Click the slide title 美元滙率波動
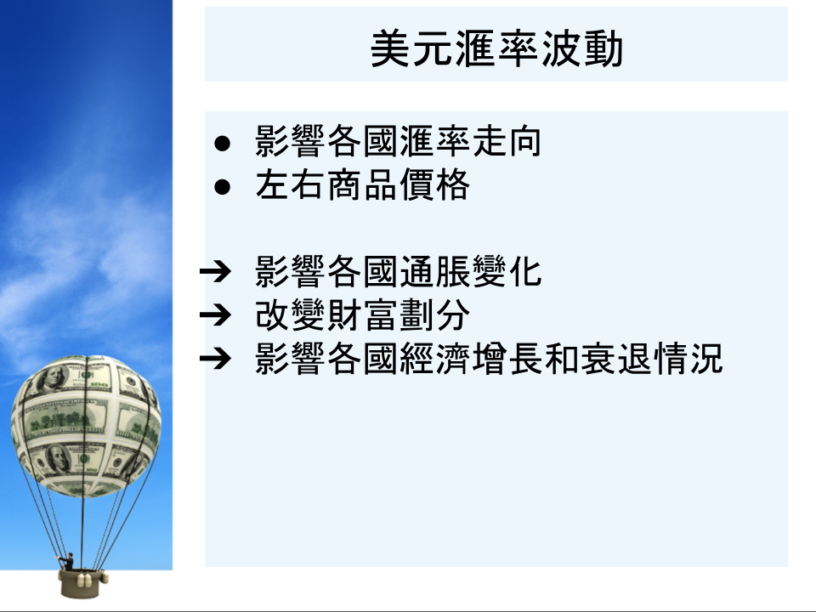coord(496,48)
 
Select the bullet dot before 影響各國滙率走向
coord(222,143)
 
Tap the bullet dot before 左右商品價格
coord(222,187)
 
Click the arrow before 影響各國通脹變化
coord(215,271)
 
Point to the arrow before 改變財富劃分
coord(215,314)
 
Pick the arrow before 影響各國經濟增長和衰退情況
coord(215,358)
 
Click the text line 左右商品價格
coord(363,185)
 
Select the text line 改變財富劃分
coord(363,314)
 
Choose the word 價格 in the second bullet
coord(435,185)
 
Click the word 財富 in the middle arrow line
coord(363,314)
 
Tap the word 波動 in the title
coord(581,48)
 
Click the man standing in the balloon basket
coord(68,562)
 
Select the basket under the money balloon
coord(81,583)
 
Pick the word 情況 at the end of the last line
coord(688,359)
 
